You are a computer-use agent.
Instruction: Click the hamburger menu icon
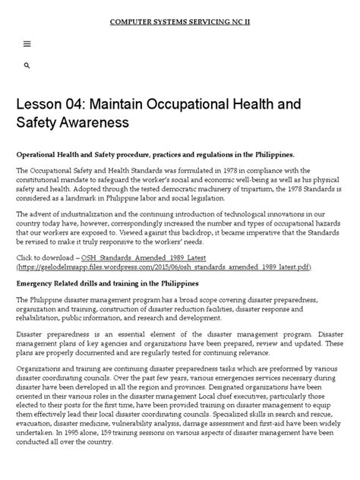click(x=27, y=44)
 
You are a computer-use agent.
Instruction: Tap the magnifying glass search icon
click(x=27, y=67)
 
